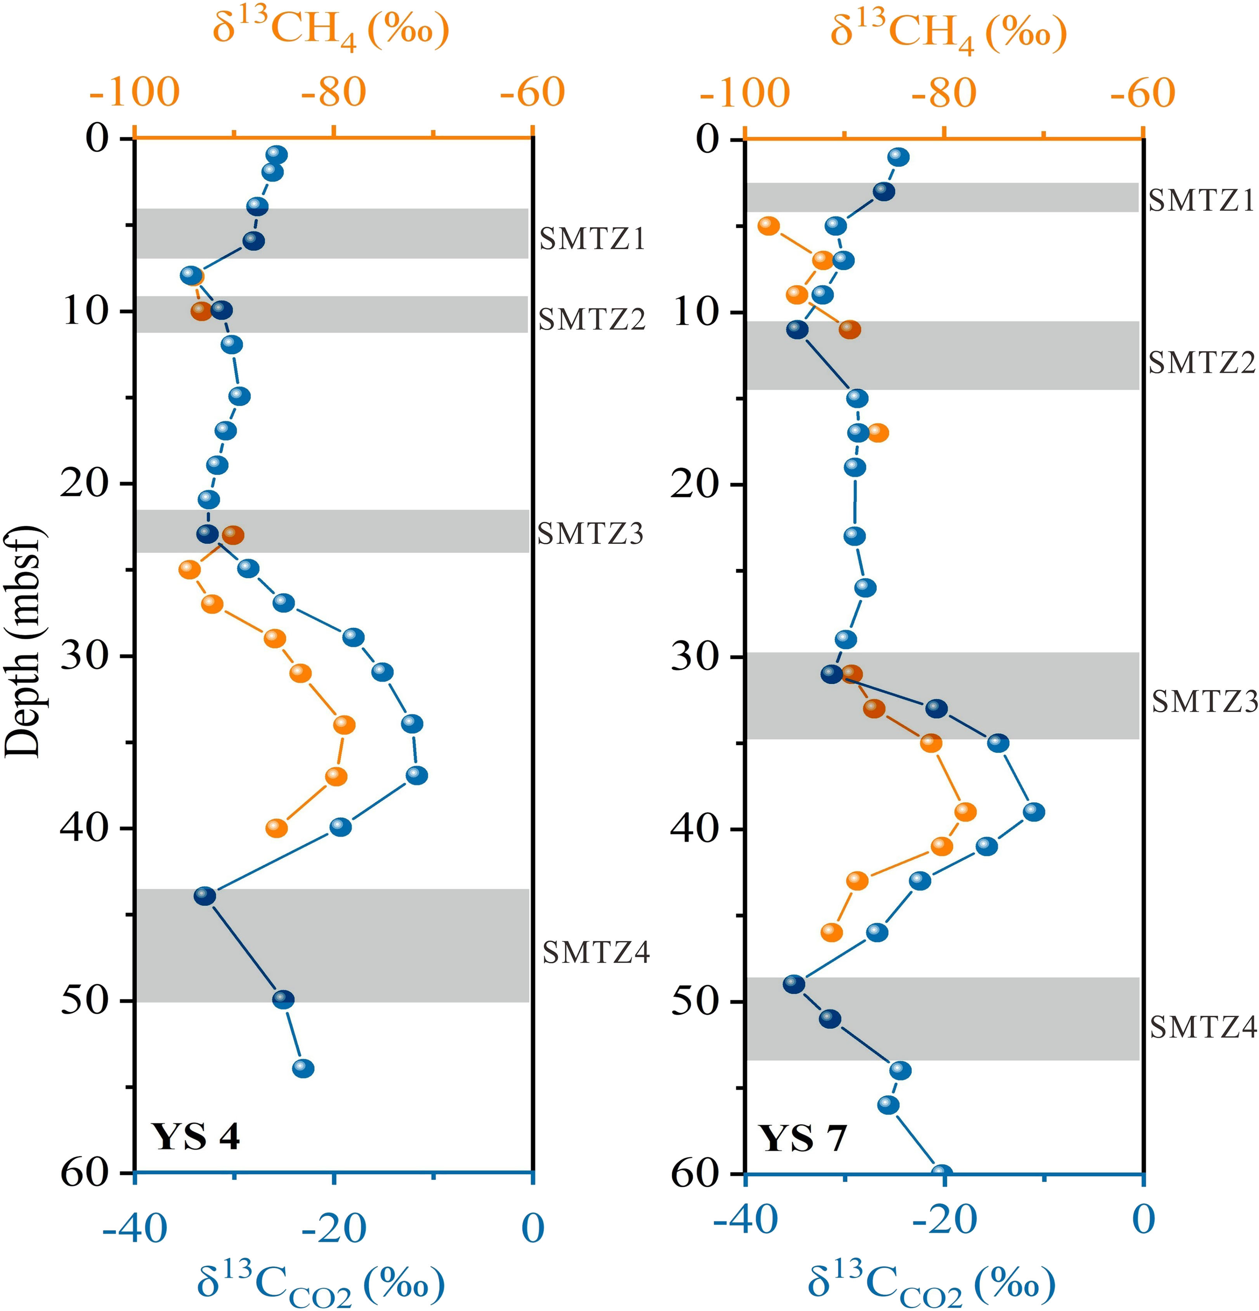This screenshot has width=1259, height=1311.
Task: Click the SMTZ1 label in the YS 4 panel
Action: [x=592, y=239]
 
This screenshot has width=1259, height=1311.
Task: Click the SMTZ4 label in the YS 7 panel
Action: [x=1203, y=1026]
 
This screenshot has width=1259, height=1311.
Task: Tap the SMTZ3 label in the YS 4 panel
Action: [x=590, y=534]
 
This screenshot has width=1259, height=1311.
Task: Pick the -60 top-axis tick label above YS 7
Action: [x=1142, y=92]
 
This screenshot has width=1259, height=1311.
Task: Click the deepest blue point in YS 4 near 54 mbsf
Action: [x=303, y=1068]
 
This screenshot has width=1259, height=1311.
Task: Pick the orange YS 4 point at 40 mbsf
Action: [x=276, y=829]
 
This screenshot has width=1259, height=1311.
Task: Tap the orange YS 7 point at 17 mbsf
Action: [x=878, y=433]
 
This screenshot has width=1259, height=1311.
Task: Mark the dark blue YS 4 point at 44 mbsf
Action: [x=205, y=896]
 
